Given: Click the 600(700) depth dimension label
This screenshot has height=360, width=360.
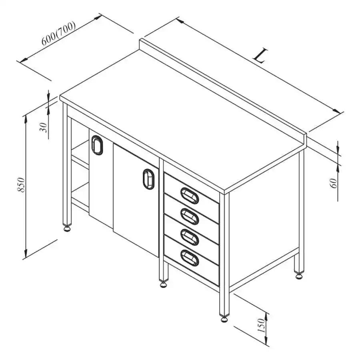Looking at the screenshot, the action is click(x=58, y=33).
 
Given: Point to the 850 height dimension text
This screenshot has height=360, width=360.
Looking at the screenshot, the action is click(x=21, y=185).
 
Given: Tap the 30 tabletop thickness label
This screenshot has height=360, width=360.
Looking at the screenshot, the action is click(x=43, y=128).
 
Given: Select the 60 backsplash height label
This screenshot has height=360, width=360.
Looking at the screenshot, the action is click(x=334, y=183).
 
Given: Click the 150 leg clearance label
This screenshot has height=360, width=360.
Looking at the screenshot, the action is click(x=261, y=325).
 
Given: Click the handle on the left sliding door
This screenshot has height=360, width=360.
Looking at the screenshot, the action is click(x=97, y=145).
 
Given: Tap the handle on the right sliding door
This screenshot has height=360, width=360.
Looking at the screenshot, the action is click(x=148, y=179).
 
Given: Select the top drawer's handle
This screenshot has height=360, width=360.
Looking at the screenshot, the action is click(x=190, y=196).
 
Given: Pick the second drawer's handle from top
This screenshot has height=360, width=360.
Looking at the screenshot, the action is click(x=190, y=216).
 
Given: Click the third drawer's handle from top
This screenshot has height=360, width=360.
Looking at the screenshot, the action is click(x=190, y=237).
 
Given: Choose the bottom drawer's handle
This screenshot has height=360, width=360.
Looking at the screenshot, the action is click(x=190, y=258).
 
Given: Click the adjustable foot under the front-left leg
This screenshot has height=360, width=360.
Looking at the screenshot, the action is click(x=67, y=229).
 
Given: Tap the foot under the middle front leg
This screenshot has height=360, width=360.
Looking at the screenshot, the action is click(x=163, y=284).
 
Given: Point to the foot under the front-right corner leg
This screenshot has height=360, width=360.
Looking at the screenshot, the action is click(x=224, y=319).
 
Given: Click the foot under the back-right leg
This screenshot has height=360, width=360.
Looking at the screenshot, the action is click(x=299, y=276).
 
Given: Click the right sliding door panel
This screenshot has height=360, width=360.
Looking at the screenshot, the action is click(x=136, y=200).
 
